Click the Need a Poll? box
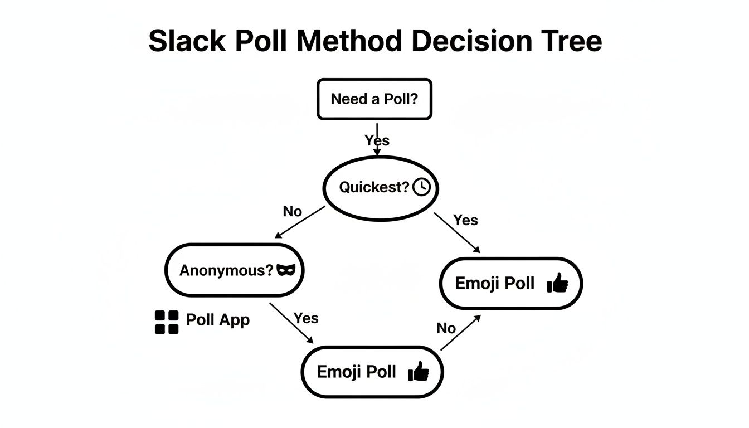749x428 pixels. (374, 99)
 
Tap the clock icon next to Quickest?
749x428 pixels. (422, 187)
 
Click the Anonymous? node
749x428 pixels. (234, 270)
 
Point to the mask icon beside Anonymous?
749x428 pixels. (288, 270)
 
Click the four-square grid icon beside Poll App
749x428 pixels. (166, 322)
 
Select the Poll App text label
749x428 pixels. (217, 320)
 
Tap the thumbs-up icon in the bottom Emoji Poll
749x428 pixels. (419, 371)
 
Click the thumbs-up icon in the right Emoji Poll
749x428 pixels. (557, 284)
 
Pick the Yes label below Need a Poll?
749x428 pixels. (377, 140)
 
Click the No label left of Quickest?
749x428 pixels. (292, 212)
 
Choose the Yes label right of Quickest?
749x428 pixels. (465, 220)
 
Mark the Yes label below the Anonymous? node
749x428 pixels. (306, 318)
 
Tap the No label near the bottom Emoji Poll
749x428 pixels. (446, 328)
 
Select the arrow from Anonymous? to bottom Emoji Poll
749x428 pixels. (291, 323)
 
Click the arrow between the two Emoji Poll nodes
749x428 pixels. (460, 333)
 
